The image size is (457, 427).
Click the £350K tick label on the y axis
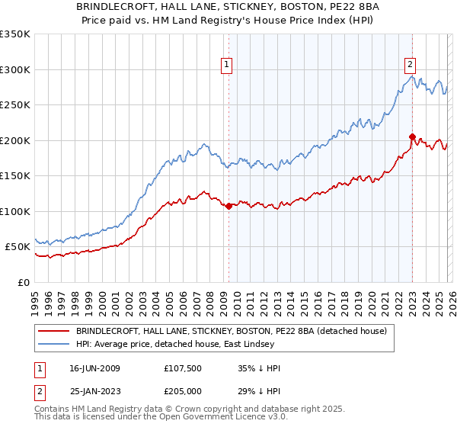click(x=14, y=34)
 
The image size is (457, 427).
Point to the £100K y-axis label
click(x=14, y=211)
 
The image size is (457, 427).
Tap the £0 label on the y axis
click(x=24, y=282)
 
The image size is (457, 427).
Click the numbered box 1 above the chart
click(x=228, y=65)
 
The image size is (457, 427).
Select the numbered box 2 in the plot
click(x=410, y=65)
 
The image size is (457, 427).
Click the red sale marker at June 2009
click(x=228, y=206)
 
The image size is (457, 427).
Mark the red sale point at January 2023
click(x=412, y=137)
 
